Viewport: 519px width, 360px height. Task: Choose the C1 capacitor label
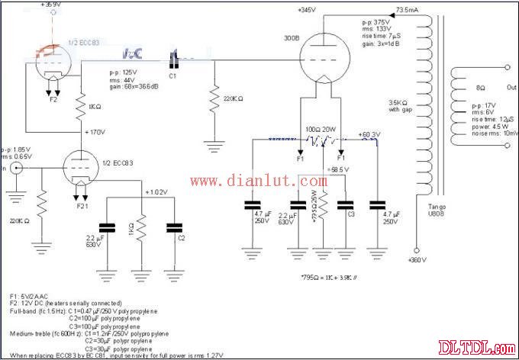(172, 76)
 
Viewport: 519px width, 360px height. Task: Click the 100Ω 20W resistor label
(321, 130)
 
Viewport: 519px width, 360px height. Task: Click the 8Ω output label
(479, 89)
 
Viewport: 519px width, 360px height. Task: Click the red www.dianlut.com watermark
(259, 181)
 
